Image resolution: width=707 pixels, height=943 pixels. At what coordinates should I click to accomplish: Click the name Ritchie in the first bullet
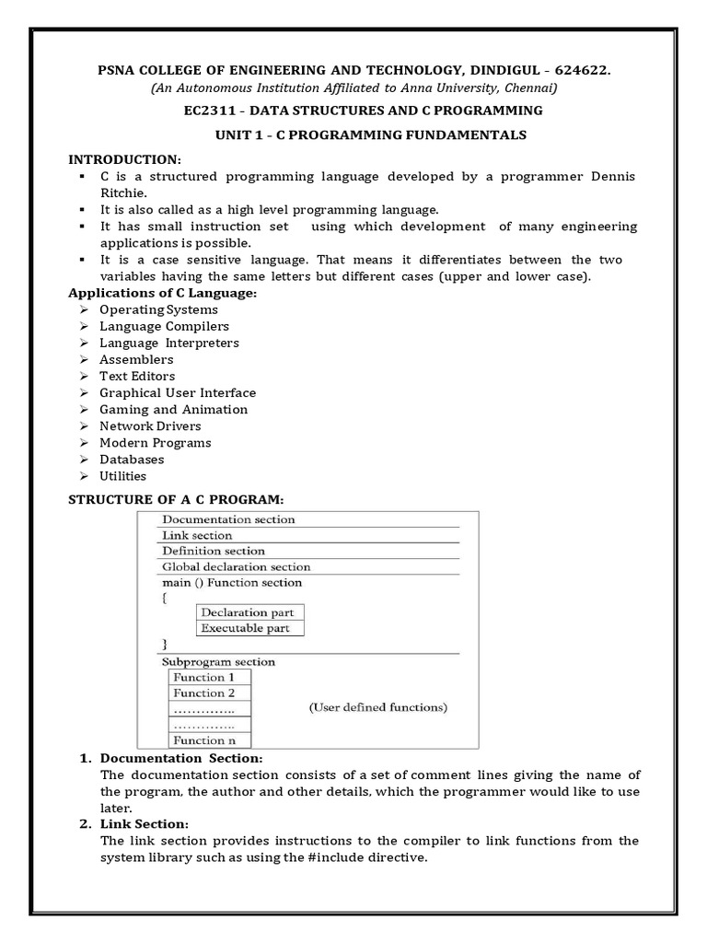[x=122, y=192]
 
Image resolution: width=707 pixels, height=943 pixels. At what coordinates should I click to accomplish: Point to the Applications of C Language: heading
[x=164, y=293]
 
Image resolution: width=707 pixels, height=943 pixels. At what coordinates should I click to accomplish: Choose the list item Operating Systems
[x=158, y=309]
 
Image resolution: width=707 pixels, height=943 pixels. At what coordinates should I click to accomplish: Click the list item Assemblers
[x=136, y=359]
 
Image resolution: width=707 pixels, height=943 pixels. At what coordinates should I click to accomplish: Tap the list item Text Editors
[x=137, y=376]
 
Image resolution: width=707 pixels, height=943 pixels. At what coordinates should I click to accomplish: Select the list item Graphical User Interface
[x=178, y=392]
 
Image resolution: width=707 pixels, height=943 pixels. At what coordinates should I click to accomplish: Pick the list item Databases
[x=132, y=459]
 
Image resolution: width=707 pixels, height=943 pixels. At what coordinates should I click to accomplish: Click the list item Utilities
[x=123, y=475]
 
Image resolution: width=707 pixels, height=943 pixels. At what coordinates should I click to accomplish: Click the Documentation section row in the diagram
[x=228, y=519]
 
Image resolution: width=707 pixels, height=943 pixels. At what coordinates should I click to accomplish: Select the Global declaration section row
[x=236, y=566]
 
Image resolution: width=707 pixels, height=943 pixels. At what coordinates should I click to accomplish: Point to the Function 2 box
[x=204, y=693]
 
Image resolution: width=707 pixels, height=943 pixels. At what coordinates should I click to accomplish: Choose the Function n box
[x=204, y=739]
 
